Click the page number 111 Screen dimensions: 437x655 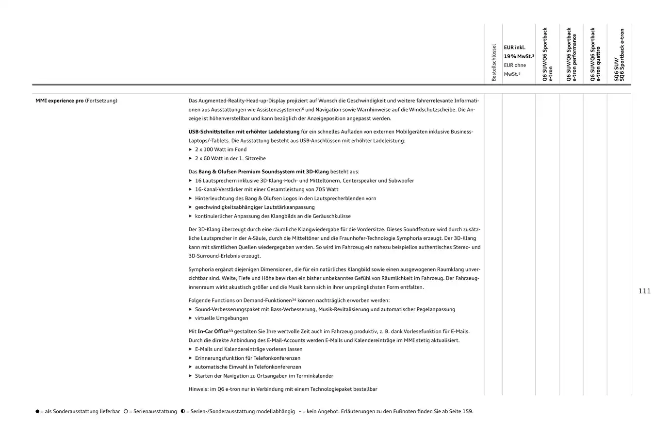coord(644,291)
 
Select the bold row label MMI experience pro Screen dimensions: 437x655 coord(59,101)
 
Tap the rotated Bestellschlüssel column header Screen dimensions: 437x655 coord(494,63)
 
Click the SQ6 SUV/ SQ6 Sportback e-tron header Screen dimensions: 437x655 coord(619,55)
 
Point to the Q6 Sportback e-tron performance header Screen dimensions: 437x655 coord(572,54)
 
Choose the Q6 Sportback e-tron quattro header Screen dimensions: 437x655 coord(595,54)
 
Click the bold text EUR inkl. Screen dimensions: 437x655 coord(514,48)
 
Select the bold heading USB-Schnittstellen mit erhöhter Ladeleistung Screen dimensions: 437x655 coord(244,132)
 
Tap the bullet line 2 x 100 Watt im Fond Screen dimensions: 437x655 coord(221,150)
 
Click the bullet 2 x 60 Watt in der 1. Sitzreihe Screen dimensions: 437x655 coord(230,158)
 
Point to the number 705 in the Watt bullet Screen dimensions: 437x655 coord(320,189)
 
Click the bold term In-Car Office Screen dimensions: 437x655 coord(213,331)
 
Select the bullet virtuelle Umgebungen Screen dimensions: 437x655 coord(221,318)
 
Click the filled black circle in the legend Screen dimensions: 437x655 coord(37,411)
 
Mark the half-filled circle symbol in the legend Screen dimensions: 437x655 coord(183,411)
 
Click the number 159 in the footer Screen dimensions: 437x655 coord(467,411)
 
